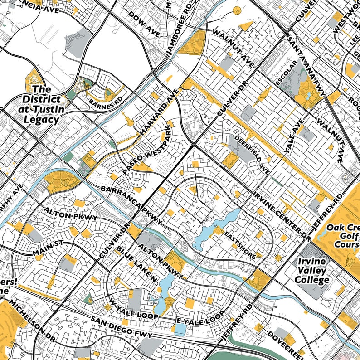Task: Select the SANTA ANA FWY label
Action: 306,65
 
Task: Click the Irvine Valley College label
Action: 313,271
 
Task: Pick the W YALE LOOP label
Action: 133,308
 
